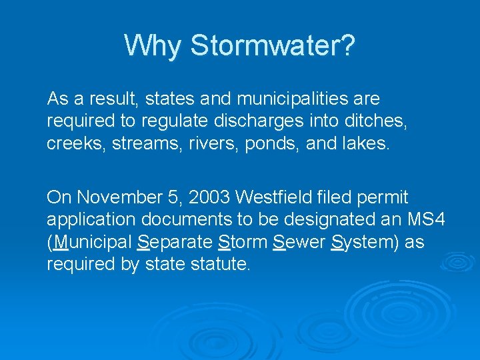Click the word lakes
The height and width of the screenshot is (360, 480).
365,143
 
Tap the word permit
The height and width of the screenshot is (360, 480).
383,198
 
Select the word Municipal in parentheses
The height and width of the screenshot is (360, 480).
91,242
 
